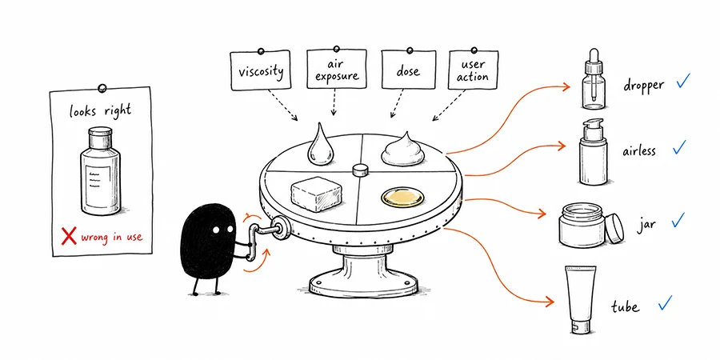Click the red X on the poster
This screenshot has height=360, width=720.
tap(69, 237)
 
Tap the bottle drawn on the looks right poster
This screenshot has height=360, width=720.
tap(101, 171)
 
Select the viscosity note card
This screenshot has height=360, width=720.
tap(260, 70)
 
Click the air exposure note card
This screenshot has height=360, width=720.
tap(337, 69)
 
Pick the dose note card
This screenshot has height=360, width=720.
tap(408, 70)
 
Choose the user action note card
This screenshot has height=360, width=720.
tap(473, 70)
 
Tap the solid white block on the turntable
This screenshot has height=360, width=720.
tap(316, 194)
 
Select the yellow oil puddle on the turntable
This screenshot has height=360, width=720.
tap(401, 198)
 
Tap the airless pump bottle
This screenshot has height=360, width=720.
tap(593, 152)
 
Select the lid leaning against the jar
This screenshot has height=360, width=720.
tap(614, 227)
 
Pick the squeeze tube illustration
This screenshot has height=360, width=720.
tap(581, 299)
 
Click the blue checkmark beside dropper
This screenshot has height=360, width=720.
tap(683, 81)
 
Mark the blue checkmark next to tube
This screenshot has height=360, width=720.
tap(665, 302)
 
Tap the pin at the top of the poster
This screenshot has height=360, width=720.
tap(102, 87)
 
